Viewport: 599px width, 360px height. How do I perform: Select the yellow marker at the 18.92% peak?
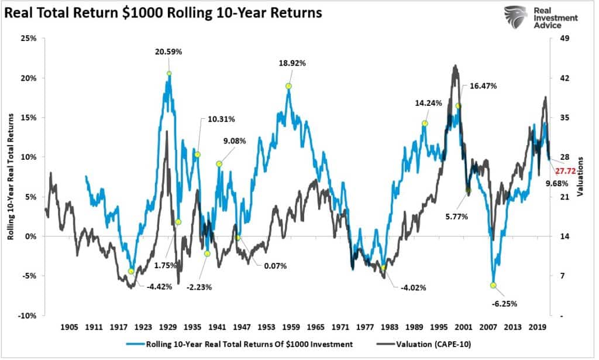coord(288,86)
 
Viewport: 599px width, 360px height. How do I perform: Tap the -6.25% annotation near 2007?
coord(504,304)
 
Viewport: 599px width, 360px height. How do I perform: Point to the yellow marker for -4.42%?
coord(131,271)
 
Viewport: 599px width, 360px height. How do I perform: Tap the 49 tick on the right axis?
coord(565,39)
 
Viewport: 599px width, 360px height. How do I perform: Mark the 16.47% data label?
coord(483,86)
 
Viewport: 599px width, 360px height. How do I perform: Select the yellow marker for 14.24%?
coord(425,124)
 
